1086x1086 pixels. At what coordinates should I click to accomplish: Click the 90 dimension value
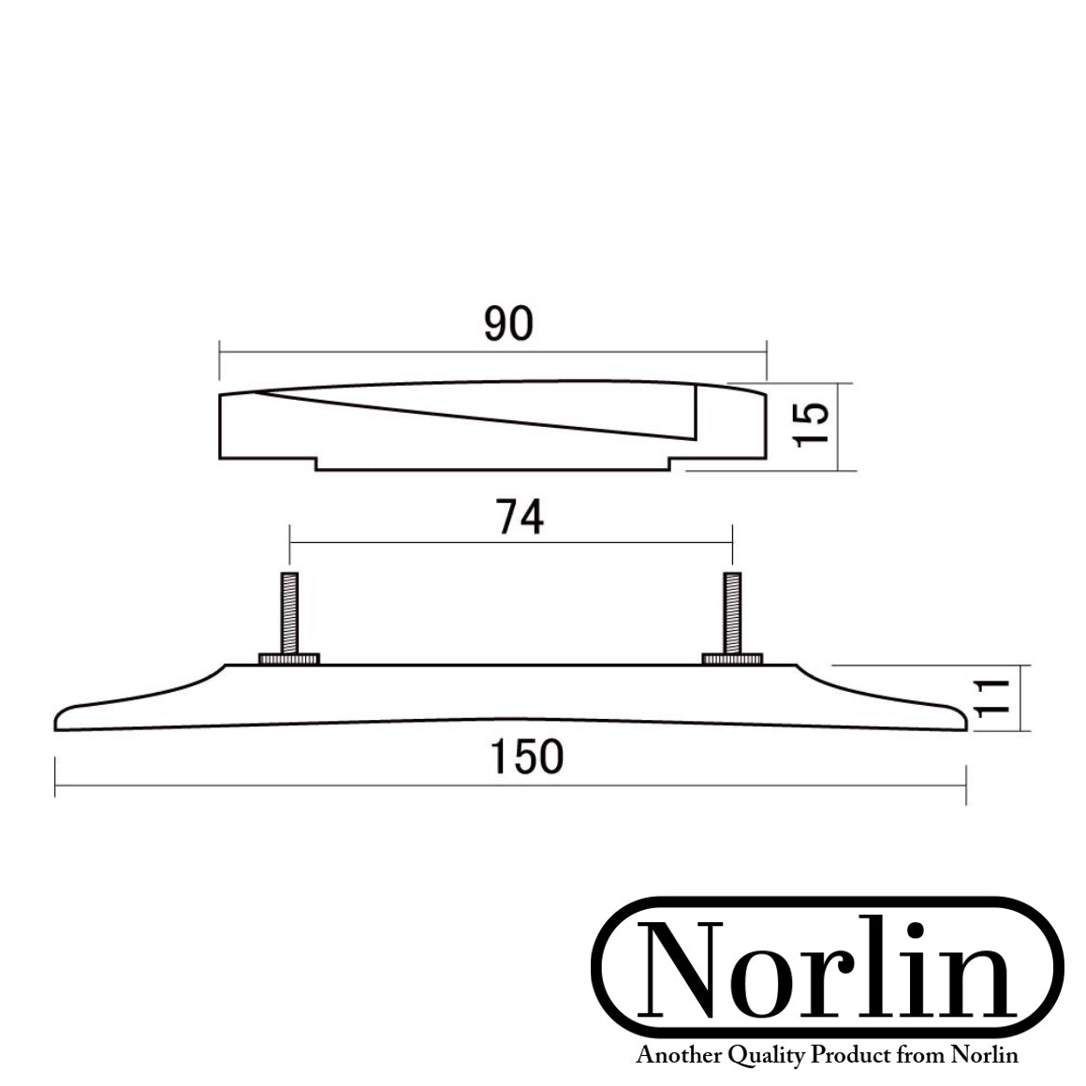click(508, 324)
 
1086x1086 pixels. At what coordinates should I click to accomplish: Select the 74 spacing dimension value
click(521, 517)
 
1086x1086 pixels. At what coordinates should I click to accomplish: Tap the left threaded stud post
click(290, 614)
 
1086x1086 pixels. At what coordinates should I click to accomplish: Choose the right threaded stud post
click(731, 614)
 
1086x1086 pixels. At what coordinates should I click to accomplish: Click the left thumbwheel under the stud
click(290, 659)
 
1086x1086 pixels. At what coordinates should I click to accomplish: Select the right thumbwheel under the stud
click(731, 659)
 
